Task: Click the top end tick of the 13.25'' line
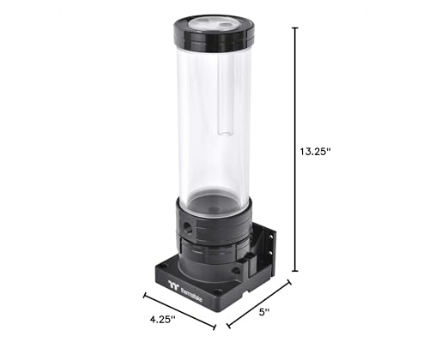coord(297,27)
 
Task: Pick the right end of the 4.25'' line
coord(214,327)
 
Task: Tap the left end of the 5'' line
coord(227,327)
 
